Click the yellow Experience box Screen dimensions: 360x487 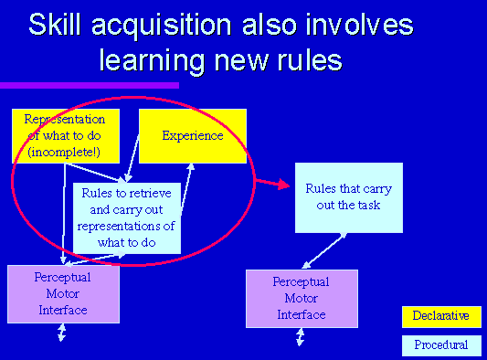point(192,135)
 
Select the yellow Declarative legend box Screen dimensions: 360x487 point(441,316)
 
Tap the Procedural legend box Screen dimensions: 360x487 point(441,344)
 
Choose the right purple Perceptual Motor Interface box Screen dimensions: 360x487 point(302,298)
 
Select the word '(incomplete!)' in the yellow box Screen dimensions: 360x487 point(65,151)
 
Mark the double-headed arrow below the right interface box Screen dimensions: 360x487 point(301,337)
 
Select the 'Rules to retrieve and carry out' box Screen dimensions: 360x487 point(127,217)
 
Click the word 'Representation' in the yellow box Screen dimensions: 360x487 point(65,119)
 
